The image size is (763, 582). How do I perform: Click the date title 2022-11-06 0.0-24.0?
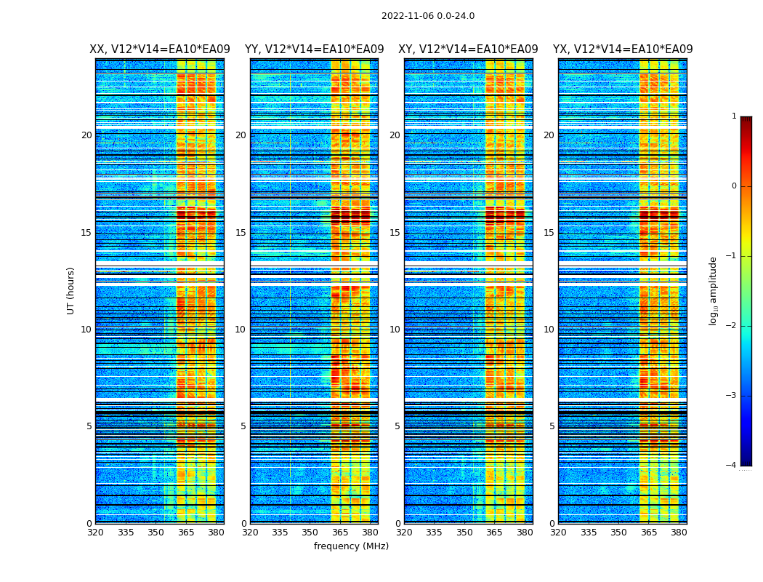(x=427, y=16)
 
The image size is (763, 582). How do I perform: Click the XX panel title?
(x=160, y=49)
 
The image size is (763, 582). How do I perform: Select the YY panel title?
(x=314, y=49)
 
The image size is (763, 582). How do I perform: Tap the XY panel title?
(x=468, y=49)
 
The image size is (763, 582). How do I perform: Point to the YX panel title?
(x=623, y=49)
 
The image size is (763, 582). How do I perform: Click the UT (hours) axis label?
(x=71, y=290)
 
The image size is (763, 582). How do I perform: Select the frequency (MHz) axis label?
(x=351, y=546)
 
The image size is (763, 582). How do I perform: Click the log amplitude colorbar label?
(x=714, y=290)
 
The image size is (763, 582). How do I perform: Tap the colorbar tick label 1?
(x=734, y=116)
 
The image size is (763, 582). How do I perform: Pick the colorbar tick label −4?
(x=732, y=466)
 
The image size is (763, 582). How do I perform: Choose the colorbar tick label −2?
(x=732, y=326)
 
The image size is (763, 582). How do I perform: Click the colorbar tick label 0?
(x=734, y=186)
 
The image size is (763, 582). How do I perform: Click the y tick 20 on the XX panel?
(x=86, y=135)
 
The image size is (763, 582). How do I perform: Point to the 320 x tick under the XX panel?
(x=95, y=533)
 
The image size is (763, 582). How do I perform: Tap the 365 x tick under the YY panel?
(x=340, y=533)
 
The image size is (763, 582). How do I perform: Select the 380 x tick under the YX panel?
(x=679, y=533)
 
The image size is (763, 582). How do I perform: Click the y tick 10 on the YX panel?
(x=549, y=330)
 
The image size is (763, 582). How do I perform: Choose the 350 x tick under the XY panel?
(x=464, y=533)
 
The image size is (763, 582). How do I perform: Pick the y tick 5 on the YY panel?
(x=243, y=426)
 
